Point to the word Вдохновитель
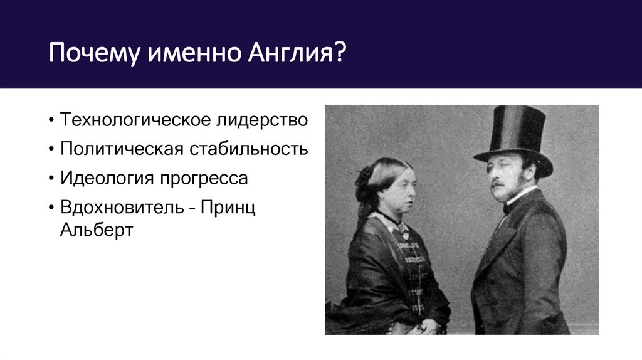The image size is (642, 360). pyautogui.click(x=119, y=208)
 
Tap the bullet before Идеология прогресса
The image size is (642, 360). pyautogui.click(x=50, y=179)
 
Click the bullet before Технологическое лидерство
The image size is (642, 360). pyautogui.click(x=50, y=120)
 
